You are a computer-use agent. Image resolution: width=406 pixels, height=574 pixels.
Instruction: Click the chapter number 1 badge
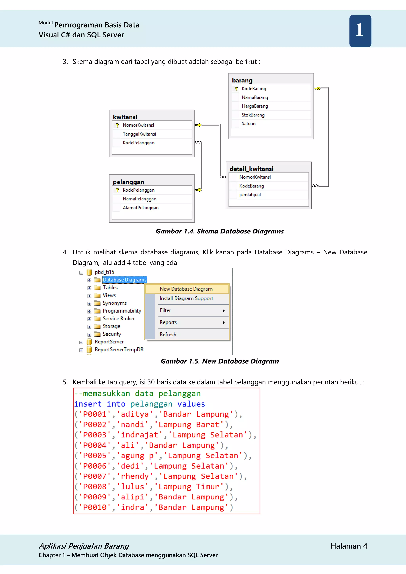(x=360, y=31)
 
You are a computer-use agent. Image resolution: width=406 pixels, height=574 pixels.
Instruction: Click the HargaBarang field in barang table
(x=255, y=106)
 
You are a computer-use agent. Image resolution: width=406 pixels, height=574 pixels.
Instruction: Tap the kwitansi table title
(x=125, y=117)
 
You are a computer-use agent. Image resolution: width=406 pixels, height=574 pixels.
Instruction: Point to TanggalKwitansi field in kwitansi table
(x=139, y=134)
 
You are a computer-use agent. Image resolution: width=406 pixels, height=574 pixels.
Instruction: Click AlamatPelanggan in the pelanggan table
(x=141, y=208)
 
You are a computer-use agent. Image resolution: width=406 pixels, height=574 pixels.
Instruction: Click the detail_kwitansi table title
(x=251, y=169)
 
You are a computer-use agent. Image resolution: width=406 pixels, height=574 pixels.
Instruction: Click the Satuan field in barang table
(x=249, y=124)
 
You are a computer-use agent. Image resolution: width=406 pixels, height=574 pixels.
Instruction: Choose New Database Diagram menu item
(x=186, y=289)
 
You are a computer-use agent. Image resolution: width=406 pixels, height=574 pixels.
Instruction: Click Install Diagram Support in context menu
(x=186, y=298)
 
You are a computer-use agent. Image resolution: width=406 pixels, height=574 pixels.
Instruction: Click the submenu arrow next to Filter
(x=223, y=311)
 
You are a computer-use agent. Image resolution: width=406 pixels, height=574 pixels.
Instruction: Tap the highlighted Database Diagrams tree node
(x=124, y=280)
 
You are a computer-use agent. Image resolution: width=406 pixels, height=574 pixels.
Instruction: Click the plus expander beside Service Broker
(x=89, y=319)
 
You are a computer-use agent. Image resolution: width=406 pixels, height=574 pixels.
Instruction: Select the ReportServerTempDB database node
(x=119, y=349)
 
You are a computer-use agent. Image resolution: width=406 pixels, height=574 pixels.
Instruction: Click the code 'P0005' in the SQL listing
(x=95, y=456)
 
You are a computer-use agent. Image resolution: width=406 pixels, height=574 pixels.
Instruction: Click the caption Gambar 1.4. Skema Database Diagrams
(x=219, y=231)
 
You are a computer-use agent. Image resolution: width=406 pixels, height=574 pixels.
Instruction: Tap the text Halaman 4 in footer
(x=349, y=546)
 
